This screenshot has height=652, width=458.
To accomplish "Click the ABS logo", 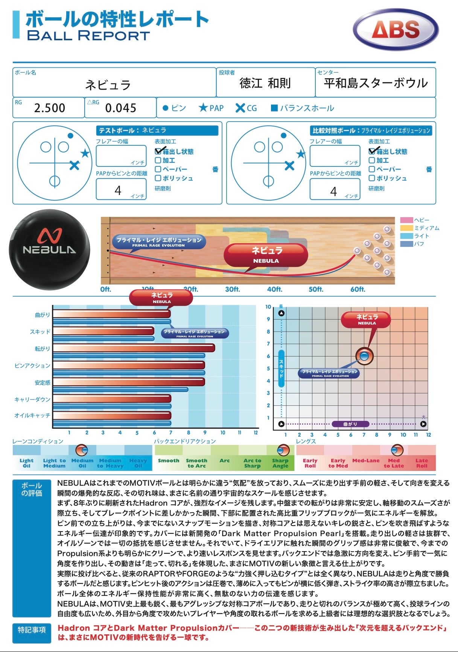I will click(x=396, y=30).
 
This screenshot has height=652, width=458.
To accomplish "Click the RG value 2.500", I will click(x=50, y=108).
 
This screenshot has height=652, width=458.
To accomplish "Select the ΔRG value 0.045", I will click(x=120, y=108).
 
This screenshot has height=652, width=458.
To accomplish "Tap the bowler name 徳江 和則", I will click(x=265, y=83).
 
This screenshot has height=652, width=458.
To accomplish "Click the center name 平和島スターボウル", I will click(x=376, y=83).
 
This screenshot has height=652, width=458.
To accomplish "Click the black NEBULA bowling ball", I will click(x=49, y=249).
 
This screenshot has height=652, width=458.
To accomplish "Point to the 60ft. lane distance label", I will click(x=358, y=289).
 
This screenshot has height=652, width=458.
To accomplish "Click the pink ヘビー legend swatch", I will click(x=406, y=220).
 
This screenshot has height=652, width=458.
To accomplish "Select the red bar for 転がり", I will click(x=134, y=348).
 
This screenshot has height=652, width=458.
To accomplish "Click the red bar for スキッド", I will click(x=103, y=331).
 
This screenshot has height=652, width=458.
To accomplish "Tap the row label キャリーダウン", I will click(x=32, y=399).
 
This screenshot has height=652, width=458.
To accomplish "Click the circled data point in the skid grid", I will click(x=364, y=356).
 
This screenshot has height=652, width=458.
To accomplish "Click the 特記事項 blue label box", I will click(x=32, y=629).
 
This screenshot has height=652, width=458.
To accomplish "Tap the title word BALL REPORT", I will click(x=88, y=36).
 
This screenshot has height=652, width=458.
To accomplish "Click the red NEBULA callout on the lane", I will click(x=266, y=254).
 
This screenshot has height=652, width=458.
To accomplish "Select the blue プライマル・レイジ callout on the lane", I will click(x=158, y=242).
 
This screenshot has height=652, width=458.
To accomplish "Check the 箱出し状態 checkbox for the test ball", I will click(x=158, y=151).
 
